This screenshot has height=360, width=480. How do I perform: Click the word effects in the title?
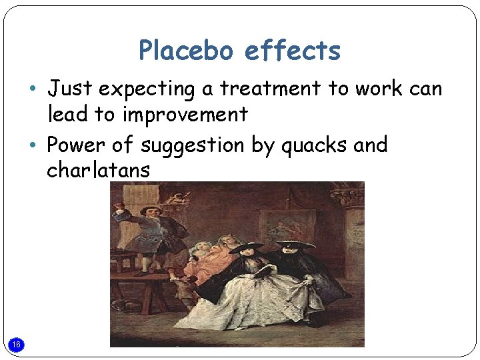click(x=293, y=51)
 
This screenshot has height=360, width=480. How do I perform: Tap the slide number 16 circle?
click(x=17, y=344)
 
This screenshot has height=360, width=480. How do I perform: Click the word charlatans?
click(x=98, y=170)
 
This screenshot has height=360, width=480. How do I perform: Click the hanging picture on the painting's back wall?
click(x=278, y=227)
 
